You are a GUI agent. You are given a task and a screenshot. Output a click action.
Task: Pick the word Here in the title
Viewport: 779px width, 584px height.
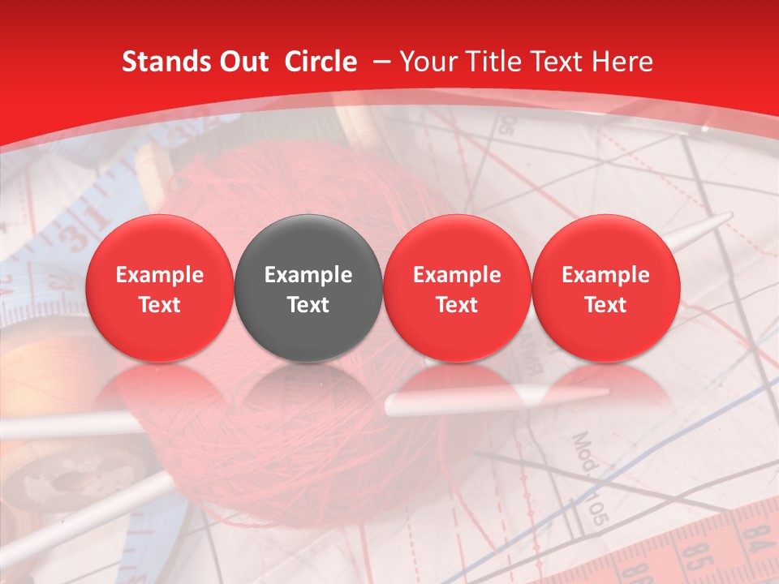622,62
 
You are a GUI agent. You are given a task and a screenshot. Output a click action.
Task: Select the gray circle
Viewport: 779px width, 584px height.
308,288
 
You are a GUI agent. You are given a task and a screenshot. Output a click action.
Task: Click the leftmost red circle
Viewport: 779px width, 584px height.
160,288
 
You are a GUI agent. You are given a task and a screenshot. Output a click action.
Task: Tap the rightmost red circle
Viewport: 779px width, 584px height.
606,288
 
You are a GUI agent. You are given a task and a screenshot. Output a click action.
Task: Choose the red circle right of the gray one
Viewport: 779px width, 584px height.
457,288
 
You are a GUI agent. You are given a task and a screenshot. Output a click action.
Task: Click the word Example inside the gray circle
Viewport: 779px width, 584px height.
308,275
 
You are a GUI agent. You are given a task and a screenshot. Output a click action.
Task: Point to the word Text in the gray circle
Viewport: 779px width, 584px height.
308,305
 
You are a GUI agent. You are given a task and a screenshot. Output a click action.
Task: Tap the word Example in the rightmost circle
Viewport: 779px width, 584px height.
606,275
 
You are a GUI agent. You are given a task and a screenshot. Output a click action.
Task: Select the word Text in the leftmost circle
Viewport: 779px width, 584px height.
160,305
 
